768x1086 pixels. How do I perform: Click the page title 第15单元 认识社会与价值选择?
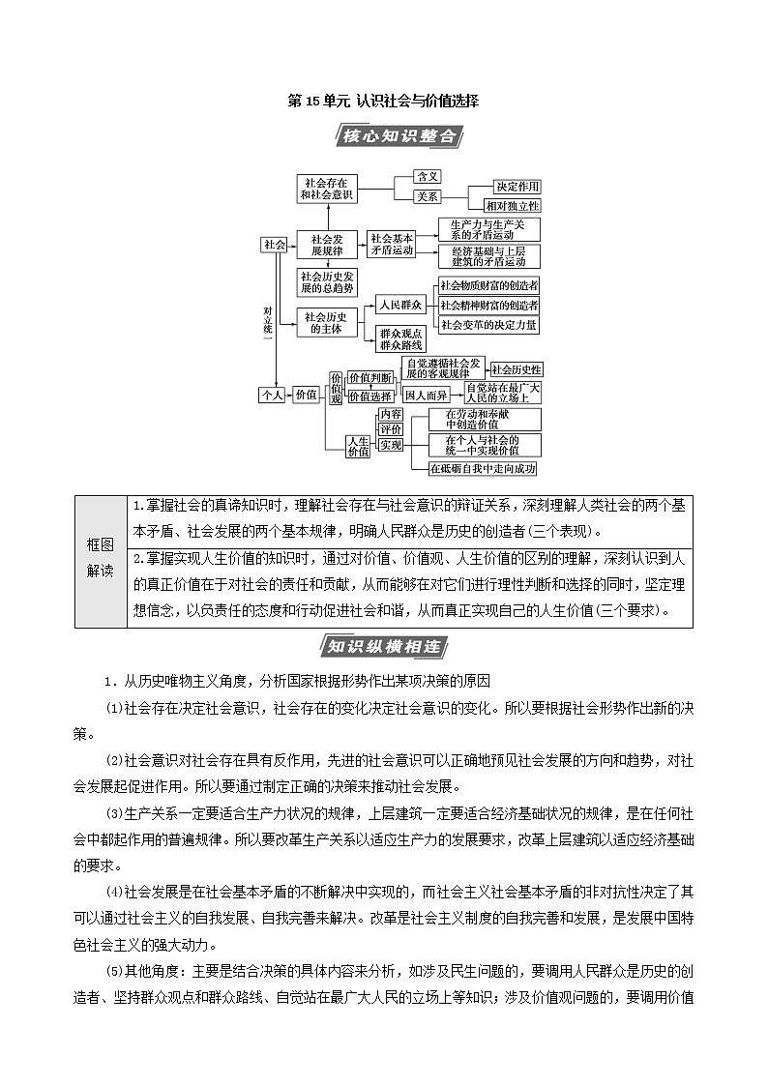pyautogui.click(x=384, y=101)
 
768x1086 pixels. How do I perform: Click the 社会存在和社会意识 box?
pyautogui.click(x=327, y=189)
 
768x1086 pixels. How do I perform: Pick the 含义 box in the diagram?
pyautogui.click(x=428, y=177)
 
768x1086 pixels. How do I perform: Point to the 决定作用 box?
pyautogui.click(x=517, y=186)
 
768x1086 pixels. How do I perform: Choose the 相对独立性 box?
pyautogui.click(x=517, y=205)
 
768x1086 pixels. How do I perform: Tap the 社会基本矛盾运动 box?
pyautogui.click(x=391, y=244)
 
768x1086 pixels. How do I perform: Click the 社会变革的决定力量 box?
pyautogui.click(x=488, y=325)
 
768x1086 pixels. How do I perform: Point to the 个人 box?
pyautogui.click(x=271, y=395)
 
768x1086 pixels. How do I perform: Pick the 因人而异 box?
pyautogui.click(x=426, y=396)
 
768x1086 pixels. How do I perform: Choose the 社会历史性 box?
pyautogui.click(x=517, y=369)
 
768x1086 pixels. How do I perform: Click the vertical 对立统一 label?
pyautogui.click(x=268, y=322)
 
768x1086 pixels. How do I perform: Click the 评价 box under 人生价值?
pyautogui.click(x=390, y=429)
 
